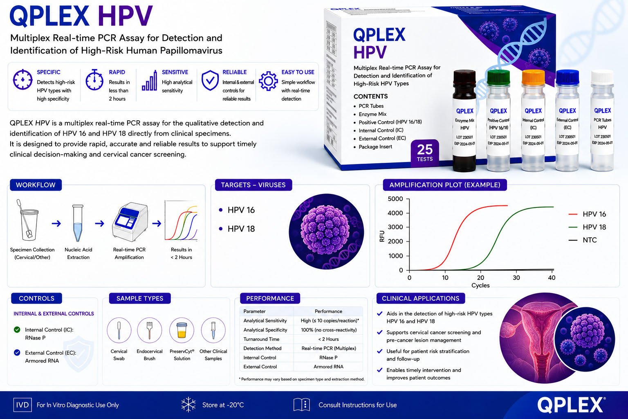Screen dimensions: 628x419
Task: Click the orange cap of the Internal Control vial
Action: pyautogui.click(x=533, y=78)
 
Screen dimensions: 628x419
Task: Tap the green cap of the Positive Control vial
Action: pyautogui.click(x=498, y=78)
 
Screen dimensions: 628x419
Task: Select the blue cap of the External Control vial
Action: pyautogui.click(x=567, y=77)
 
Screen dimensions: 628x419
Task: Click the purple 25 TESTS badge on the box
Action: pyautogui.click(x=425, y=153)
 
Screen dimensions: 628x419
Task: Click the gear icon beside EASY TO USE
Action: pyautogui.click(x=268, y=81)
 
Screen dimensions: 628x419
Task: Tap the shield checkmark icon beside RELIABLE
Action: pyautogui.click(x=210, y=80)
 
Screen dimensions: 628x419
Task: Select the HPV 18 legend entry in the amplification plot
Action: pyautogui.click(x=587, y=227)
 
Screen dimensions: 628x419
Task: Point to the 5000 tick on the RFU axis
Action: pyautogui.click(x=395, y=199)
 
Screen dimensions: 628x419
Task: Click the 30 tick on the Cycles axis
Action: pyautogui.click(x=516, y=277)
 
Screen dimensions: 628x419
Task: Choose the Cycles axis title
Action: pyautogui.click(x=480, y=286)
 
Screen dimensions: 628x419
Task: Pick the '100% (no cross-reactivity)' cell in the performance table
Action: pyautogui.click(x=329, y=330)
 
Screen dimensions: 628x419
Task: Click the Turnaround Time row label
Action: pyautogui.click(x=261, y=339)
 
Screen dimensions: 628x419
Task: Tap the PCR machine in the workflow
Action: pyautogui.click(x=130, y=222)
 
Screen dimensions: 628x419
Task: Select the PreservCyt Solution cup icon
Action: pyautogui.click(x=182, y=330)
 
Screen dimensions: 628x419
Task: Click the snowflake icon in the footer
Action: pyautogui.click(x=188, y=405)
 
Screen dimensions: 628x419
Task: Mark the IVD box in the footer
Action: pyautogui.click(x=22, y=405)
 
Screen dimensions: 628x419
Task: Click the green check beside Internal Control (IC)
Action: pyautogui.click(x=17, y=329)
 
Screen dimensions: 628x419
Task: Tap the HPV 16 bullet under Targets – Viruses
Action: pyautogui.click(x=221, y=210)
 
